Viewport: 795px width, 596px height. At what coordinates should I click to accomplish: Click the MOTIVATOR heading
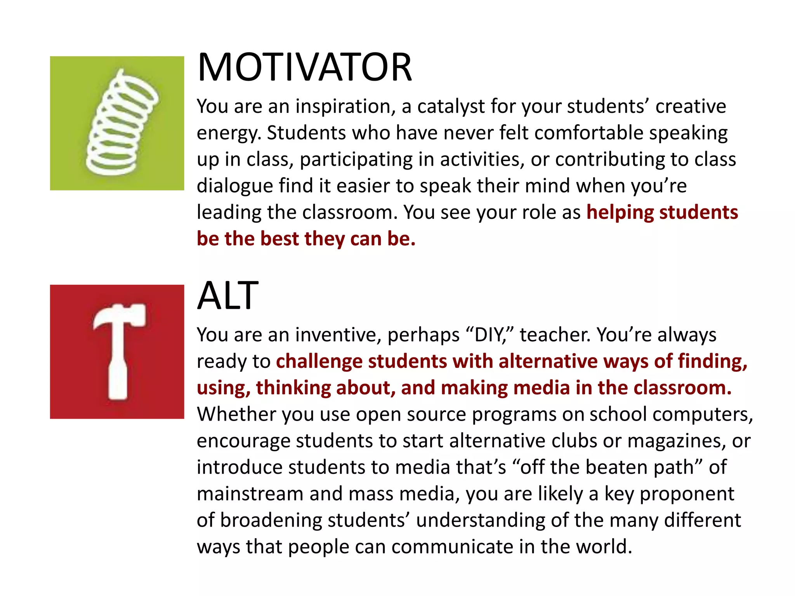click(304, 68)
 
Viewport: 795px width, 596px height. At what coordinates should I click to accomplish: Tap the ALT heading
click(227, 296)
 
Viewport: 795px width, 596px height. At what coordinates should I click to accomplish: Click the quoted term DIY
click(489, 335)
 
